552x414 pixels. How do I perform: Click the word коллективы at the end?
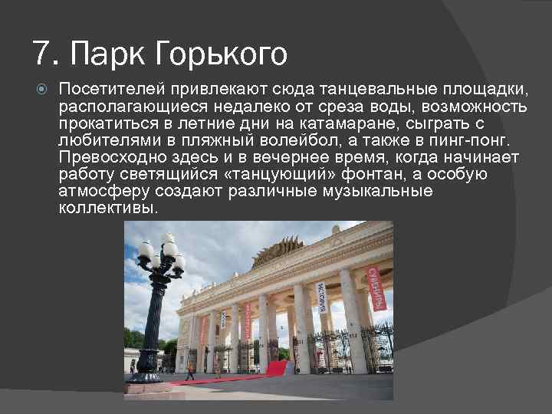[107, 209]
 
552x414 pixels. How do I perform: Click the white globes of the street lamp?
[161, 253]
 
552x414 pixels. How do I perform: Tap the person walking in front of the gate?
[189, 372]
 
